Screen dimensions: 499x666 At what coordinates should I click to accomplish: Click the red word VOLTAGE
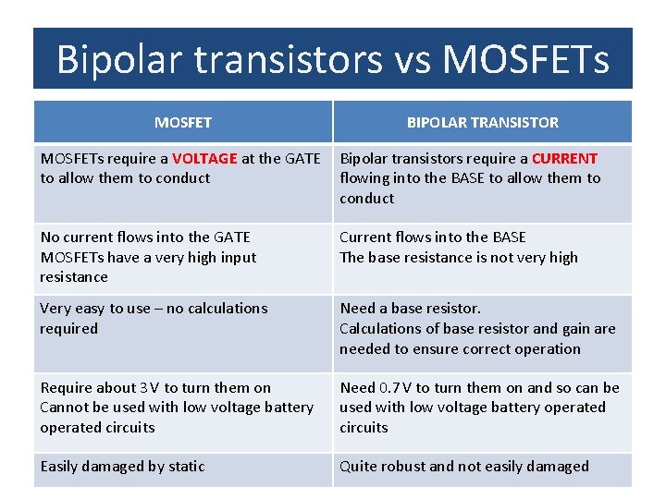204,158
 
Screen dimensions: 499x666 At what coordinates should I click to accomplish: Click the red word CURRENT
564,158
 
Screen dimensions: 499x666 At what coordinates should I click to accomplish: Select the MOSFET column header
183,122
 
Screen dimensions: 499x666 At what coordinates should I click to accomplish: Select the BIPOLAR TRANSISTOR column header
483,122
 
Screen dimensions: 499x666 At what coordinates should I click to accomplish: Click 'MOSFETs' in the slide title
526,59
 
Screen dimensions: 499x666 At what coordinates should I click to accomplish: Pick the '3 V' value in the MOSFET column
149,387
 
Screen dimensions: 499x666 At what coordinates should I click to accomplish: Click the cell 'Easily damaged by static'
122,467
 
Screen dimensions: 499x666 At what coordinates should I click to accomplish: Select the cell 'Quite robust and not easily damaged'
463,467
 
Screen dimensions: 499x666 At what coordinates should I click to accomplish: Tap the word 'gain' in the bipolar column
572,329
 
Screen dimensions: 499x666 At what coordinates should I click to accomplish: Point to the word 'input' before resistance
237,258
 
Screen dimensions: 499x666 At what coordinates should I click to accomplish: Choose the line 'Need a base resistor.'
410,309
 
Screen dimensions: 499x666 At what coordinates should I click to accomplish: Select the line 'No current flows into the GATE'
145,237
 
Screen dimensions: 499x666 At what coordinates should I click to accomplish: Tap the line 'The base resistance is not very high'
458,258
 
